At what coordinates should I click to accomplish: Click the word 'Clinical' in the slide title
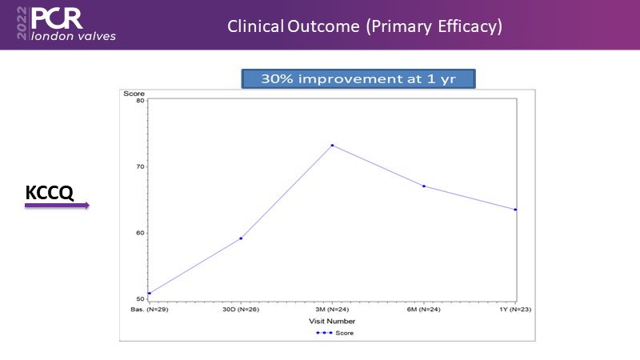pyautogui.click(x=254, y=26)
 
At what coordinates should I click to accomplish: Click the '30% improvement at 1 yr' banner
pyautogui.click(x=358, y=78)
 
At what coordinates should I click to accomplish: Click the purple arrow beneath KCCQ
pyautogui.click(x=56, y=206)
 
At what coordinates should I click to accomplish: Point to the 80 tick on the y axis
pyautogui.click(x=139, y=101)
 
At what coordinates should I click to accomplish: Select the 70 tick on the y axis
pyautogui.click(x=139, y=166)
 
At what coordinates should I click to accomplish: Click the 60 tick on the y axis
pyautogui.click(x=139, y=233)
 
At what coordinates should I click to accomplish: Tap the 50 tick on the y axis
pyautogui.click(x=139, y=299)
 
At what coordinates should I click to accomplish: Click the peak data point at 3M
pyautogui.click(x=332, y=146)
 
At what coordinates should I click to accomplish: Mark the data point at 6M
pyautogui.click(x=424, y=186)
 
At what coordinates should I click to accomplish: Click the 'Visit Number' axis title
pyautogui.click(x=332, y=320)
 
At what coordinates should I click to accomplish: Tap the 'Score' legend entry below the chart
pyautogui.click(x=339, y=332)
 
